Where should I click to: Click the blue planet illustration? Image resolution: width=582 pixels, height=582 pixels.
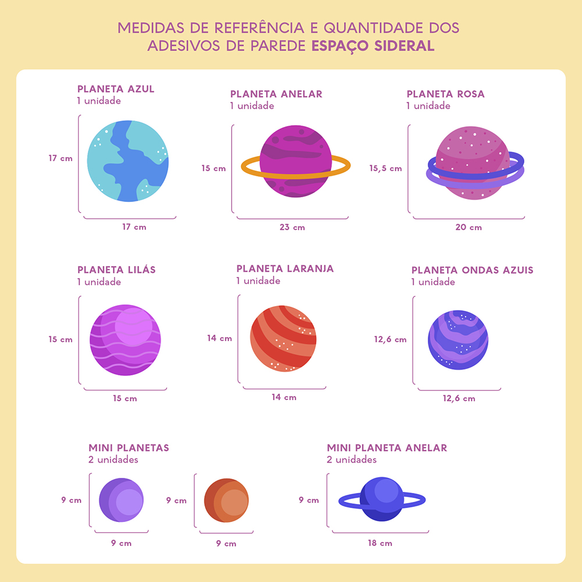(x=128, y=161)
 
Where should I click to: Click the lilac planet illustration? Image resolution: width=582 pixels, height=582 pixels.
(x=125, y=340)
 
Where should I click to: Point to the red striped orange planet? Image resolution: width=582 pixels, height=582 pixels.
(x=283, y=338)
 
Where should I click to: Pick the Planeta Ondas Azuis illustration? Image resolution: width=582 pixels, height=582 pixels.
(x=458, y=340)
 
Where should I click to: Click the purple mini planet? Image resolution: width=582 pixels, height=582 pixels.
(x=121, y=501)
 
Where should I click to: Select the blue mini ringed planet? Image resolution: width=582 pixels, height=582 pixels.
(x=382, y=499)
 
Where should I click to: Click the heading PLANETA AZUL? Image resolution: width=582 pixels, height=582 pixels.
(x=116, y=89)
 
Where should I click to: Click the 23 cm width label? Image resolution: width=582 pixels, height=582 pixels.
(x=292, y=227)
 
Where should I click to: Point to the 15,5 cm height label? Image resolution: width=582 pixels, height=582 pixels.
(x=385, y=168)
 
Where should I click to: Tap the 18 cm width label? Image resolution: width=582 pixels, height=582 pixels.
(x=379, y=543)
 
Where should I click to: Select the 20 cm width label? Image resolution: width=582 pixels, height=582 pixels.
(x=469, y=227)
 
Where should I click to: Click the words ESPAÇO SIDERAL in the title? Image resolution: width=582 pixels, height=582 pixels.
(x=373, y=46)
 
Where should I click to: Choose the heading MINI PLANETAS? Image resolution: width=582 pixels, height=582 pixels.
(x=129, y=448)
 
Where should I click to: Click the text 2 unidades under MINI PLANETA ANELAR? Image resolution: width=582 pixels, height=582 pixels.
(x=352, y=460)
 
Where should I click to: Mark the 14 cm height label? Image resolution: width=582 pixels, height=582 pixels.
(x=219, y=338)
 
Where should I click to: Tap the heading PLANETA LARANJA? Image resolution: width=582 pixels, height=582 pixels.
(x=285, y=268)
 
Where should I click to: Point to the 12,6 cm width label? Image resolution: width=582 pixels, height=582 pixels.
(x=459, y=399)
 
